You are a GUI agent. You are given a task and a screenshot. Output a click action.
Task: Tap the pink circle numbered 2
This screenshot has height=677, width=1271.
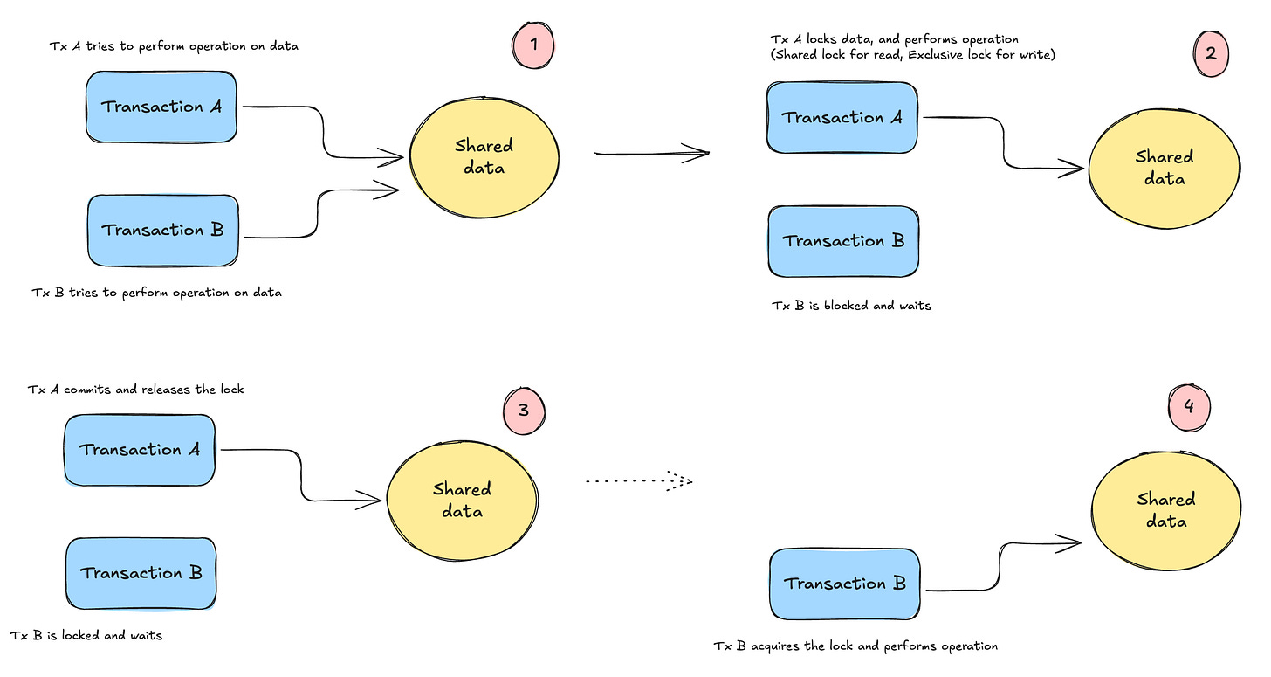point(1210,52)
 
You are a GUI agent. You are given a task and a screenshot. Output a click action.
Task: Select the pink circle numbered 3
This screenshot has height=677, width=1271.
point(524,408)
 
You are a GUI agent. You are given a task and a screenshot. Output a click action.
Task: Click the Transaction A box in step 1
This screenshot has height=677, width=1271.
point(161,107)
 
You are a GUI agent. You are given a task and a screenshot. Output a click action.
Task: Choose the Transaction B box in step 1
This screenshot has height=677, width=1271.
point(162,231)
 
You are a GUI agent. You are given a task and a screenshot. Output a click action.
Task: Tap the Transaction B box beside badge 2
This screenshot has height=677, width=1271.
point(843,241)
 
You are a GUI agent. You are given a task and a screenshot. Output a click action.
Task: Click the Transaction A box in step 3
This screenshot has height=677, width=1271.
point(140,450)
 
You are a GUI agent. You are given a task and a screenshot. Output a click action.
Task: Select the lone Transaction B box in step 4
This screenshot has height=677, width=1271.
point(845,584)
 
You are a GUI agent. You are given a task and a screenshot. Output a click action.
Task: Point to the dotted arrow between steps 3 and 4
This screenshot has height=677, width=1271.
point(639,480)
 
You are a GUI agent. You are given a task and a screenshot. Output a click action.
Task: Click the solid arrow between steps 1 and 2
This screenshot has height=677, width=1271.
point(651,154)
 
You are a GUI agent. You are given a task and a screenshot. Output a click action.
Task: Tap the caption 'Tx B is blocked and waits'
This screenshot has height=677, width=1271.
point(851,306)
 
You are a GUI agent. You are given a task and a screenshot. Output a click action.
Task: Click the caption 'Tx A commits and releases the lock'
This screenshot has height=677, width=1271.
point(136,389)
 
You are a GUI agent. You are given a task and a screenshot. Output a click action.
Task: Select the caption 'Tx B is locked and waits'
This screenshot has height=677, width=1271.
point(86,635)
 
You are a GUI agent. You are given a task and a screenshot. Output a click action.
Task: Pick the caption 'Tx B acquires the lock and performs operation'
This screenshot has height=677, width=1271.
point(855,646)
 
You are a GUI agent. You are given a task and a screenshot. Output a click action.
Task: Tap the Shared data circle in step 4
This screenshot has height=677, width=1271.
point(1165,510)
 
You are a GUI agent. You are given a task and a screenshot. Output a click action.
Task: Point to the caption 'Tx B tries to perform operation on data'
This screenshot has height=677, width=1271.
point(155,293)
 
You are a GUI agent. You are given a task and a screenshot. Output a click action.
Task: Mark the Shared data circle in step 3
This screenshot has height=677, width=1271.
point(462,500)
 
